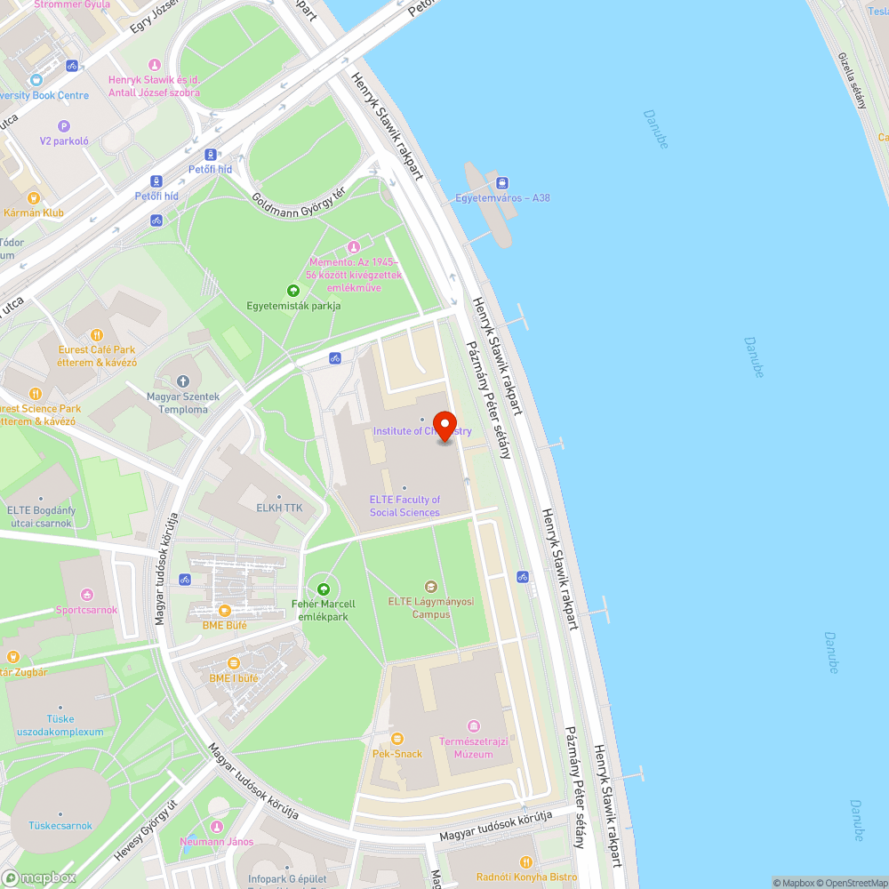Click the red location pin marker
444,423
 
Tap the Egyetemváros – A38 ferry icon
502,183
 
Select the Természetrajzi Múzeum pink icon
473,727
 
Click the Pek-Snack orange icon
397,739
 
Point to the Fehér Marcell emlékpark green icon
324,589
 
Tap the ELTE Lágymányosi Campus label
431,607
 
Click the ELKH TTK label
280,509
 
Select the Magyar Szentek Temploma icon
183,381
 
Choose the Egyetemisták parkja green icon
293,291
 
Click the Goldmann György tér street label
297,196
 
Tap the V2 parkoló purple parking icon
64,126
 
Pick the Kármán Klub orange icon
34,198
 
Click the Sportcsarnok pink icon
86,595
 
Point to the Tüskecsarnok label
60,826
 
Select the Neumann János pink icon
216,827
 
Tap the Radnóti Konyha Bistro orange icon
526,861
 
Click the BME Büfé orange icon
224,611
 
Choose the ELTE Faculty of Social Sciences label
404,506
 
